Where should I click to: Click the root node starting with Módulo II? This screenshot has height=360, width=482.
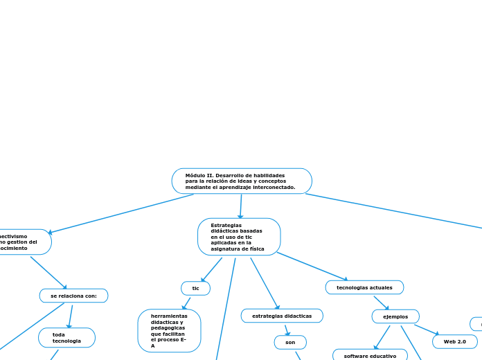242,181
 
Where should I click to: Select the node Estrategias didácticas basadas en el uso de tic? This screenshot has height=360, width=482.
239,237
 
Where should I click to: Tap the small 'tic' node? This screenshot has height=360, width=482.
195,288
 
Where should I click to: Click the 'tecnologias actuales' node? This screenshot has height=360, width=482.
364,287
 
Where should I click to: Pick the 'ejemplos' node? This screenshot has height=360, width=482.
395,316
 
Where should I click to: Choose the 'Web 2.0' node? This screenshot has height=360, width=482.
455,341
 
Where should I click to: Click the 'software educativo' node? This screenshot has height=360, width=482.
370,355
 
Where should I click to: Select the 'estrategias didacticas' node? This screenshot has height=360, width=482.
282,316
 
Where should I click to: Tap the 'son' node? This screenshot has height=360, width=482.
290,342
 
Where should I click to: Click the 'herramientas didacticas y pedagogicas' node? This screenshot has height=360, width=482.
170,330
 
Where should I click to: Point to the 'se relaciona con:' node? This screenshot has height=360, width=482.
73,296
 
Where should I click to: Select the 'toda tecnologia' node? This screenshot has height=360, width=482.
66,338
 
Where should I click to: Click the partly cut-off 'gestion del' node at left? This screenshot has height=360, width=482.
24,242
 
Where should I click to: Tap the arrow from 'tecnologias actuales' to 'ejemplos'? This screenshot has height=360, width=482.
381,303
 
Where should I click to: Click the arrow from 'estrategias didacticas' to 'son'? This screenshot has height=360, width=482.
286,330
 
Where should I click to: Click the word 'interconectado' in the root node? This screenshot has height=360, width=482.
272,187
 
